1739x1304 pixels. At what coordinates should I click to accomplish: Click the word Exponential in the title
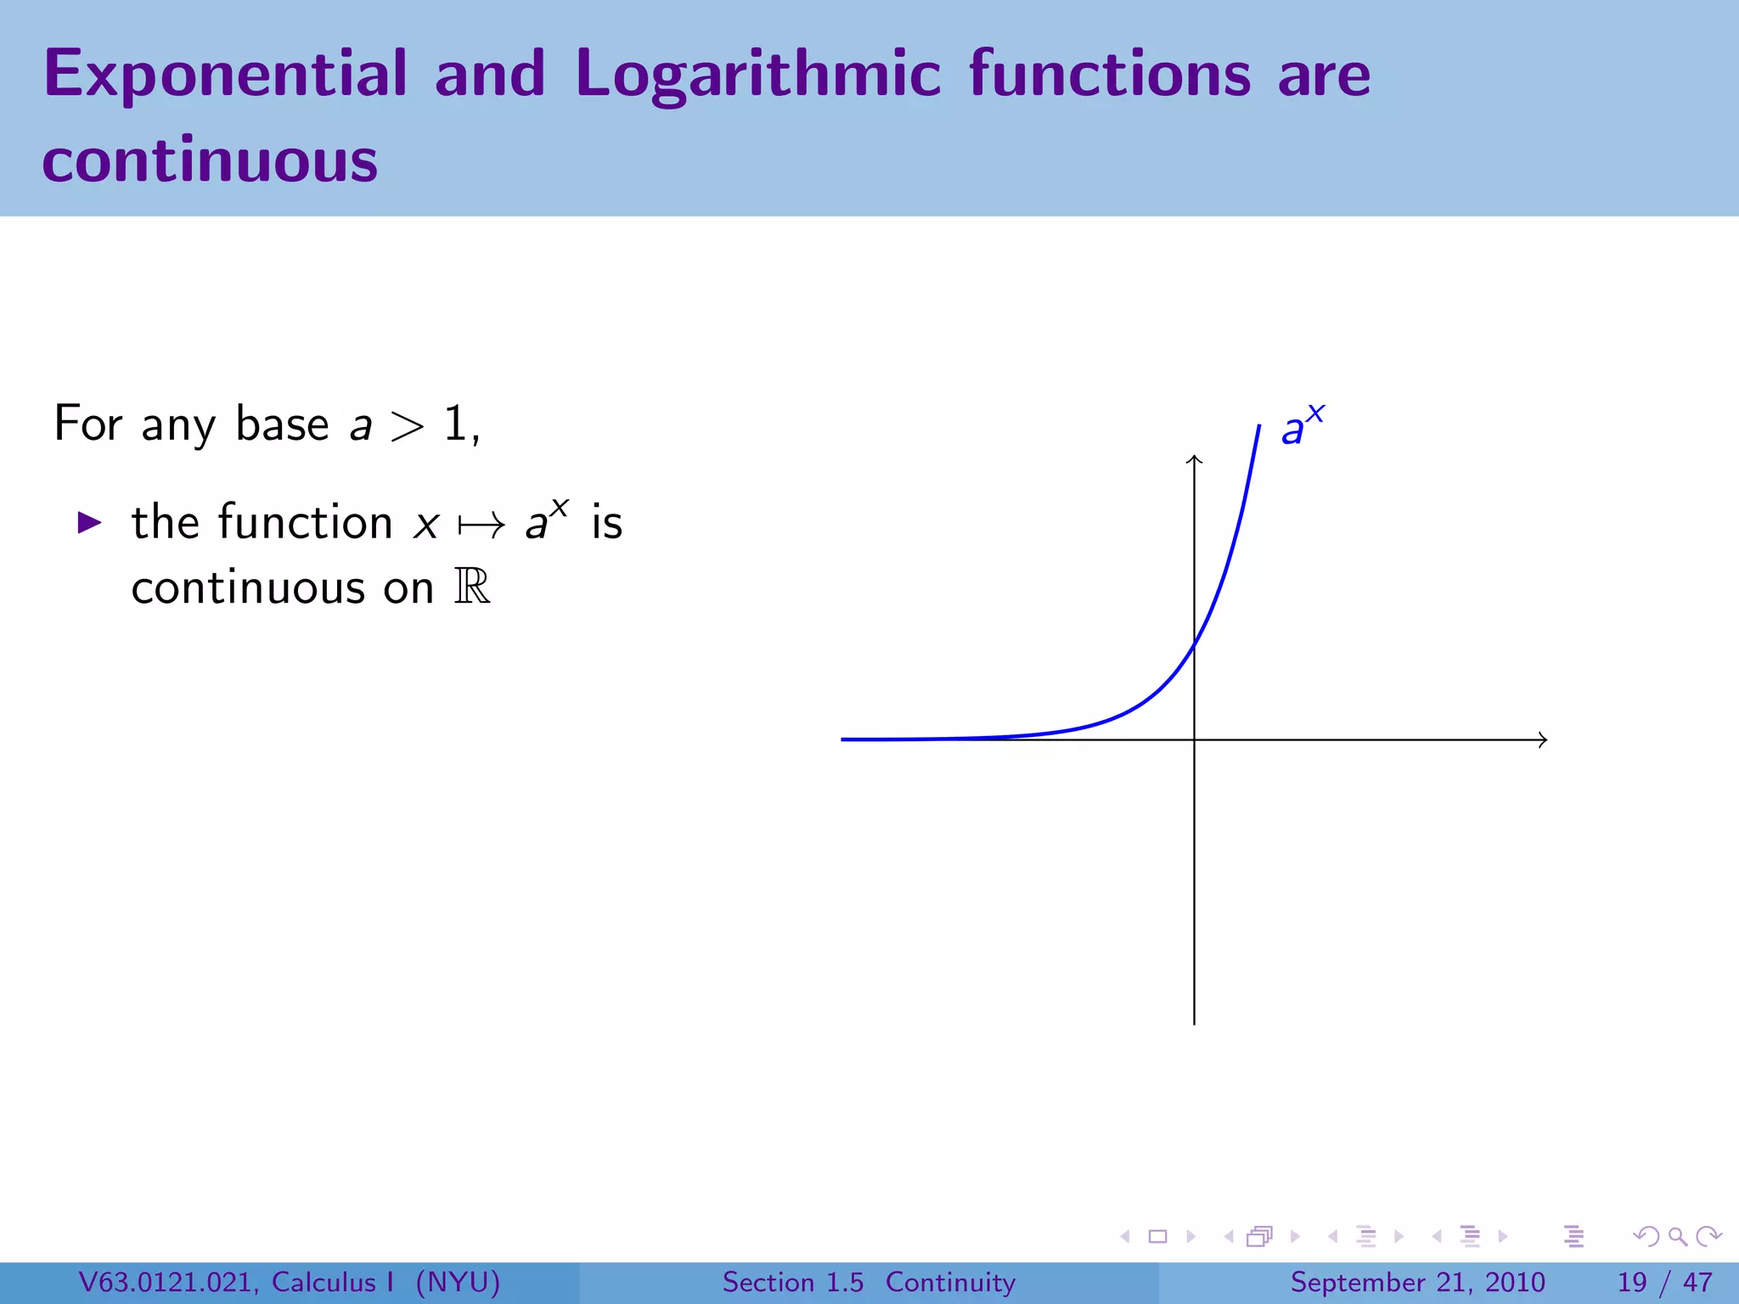[x=225, y=75]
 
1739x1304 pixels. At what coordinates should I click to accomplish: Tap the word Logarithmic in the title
[x=757, y=75]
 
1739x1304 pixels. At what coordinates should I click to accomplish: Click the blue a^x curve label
[x=1301, y=426]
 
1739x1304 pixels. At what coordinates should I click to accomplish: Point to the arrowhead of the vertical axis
[x=1194, y=459]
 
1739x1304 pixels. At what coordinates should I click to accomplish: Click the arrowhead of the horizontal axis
[x=1544, y=739]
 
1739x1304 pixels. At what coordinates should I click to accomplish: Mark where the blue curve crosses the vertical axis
[x=1194, y=645]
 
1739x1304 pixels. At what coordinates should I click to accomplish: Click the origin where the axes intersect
[x=1194, y=739]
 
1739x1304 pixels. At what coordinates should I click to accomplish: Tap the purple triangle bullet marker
[x=89, y=522]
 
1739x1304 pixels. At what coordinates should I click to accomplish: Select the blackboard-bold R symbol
[x=472, y=587]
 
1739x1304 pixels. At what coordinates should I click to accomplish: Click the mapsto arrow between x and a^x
[x=481, y=526]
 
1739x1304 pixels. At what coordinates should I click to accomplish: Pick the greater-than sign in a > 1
[x=407, y=425]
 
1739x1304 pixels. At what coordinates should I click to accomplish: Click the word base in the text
[x=282, y=424]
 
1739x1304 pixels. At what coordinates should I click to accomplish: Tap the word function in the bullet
[x=305, y=521]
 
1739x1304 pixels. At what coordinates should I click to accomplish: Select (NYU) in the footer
[x=458, y=1282]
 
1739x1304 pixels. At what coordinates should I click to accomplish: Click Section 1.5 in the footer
[x=792, y=1282]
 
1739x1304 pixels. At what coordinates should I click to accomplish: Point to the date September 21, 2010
[x=1417, y=1282]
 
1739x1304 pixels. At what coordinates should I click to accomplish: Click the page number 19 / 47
[x=1664, y=1282]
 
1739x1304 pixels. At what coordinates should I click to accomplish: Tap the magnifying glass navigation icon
[x=1677, y=1237]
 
